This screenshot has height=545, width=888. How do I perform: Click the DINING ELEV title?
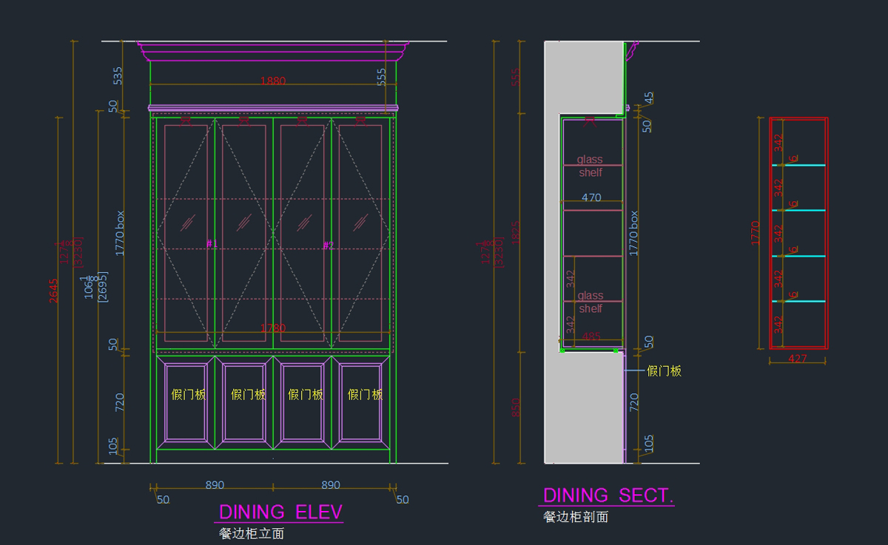point(280,512)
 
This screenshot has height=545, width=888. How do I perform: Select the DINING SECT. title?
point(608,495)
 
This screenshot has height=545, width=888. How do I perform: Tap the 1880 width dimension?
point(273,81)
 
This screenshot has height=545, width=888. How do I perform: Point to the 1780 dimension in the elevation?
point(272,328)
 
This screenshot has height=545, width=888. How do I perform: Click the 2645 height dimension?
point(53,291)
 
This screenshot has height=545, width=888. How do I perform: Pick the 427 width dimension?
point(797,359)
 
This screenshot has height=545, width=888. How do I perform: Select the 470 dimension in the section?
point(591,197)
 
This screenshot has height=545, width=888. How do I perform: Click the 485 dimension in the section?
point(591,336)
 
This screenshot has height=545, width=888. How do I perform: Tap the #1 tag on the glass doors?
point(211,243)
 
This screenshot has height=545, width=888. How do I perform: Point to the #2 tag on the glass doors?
point(329,245)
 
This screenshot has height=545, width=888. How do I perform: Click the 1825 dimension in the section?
point(516,231)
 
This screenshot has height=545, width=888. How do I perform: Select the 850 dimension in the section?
point(516,407)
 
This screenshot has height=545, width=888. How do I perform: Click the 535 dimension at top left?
point(118,75)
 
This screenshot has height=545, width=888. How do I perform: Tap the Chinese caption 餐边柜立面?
point(252,533)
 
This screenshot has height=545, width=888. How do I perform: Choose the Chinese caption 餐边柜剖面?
point(576,517)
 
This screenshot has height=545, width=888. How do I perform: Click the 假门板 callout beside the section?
point(664,371)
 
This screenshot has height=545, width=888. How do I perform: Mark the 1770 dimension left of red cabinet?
point(756,232)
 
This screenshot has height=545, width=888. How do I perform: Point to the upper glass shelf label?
point(590,166)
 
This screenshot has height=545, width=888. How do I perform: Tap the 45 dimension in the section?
point(648,98)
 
